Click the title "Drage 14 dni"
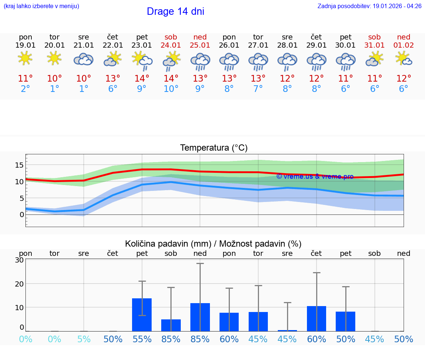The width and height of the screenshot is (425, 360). point(175,11)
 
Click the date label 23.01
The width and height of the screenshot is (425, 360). point(142,45)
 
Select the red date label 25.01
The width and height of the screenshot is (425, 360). point(200,45)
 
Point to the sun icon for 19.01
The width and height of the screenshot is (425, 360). point(25,58)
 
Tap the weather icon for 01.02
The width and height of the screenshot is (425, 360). point(403,59)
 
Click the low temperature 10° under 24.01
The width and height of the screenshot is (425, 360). point(171,89)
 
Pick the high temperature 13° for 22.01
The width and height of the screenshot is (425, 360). point(113,79)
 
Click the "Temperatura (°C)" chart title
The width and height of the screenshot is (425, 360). point(214,148)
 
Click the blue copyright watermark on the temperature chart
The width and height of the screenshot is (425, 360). point(315,176)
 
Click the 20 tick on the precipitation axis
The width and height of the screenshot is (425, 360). point(19,284)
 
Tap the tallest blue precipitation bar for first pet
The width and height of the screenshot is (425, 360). point(142,315)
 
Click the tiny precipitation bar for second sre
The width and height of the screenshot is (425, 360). point(287,330)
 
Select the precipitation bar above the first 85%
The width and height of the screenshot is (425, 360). point(171,325)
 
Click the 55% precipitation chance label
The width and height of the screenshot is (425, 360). point(142,339)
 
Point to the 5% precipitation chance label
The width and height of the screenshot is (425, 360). point(84,339)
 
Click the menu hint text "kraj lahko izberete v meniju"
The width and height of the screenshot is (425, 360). point(41,6)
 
